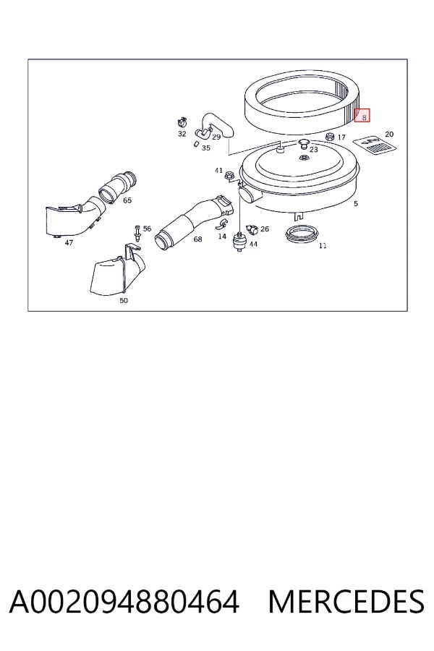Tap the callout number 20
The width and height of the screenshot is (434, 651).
click(389, 134)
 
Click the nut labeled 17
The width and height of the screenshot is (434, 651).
click(330, 137)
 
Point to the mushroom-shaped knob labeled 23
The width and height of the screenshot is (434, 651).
click(304, 144)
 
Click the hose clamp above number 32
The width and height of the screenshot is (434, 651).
click(182, 123)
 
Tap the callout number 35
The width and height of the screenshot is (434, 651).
click(206, 148)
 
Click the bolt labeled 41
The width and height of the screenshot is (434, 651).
click(228, 176)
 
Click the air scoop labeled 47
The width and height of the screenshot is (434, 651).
click(72, 218)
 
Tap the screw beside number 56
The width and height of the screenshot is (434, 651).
click(137, 234)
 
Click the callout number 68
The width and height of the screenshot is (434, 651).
click(197, 239)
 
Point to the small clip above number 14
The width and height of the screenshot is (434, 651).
click(221, 225)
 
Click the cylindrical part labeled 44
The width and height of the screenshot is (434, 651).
click(239, 242)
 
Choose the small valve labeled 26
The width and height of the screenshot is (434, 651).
click(252, 229)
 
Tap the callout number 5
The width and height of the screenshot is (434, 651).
click(355, 203)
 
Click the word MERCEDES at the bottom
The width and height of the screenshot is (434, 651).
click(346, 602)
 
